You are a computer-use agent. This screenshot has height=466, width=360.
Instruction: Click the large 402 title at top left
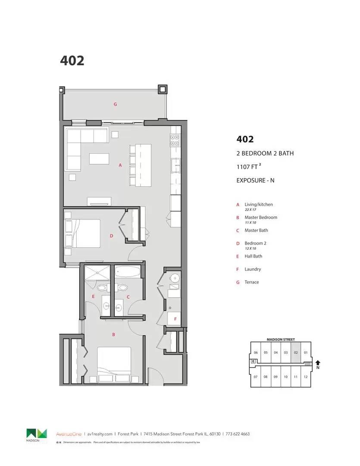pos(72,61)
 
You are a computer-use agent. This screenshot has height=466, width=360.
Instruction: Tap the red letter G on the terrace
pos(115,104)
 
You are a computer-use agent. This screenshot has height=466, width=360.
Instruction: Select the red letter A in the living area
pos(120,165)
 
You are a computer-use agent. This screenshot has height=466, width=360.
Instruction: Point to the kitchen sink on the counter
pos(175,165)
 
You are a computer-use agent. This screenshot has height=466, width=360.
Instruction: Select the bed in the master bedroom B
pos(114,364)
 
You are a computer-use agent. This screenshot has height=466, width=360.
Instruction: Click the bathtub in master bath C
pos(128,273)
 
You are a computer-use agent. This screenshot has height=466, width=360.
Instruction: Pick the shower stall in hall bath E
pos(97,273)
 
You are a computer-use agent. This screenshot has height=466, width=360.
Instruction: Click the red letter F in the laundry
pos(175,319)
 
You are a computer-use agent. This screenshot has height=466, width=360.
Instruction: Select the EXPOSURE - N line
pos(255,180)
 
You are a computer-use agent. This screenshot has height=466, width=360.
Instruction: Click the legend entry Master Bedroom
pos(260,217)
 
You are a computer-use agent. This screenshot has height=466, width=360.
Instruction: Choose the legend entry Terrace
pos(252,282)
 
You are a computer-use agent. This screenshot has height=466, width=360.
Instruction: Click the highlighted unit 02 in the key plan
pos(296,352)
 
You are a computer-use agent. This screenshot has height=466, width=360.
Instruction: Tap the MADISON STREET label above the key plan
pos(281,340)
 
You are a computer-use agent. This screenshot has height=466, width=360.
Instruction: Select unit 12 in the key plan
pos(305,377)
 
